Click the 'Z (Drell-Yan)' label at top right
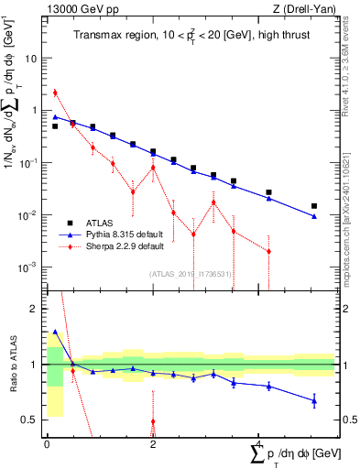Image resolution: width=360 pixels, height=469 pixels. [x=306, y=9]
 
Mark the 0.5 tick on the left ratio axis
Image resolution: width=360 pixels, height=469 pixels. [x=30, y=420]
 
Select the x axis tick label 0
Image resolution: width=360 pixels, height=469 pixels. [x=47, y=443]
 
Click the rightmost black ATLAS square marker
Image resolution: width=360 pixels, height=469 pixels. [x=314, y=206]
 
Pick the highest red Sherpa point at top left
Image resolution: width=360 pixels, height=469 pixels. [x=55, y=93]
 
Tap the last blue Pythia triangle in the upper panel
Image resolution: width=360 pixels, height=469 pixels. [x=314, y=216]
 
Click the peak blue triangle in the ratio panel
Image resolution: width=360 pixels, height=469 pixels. [x=55, y=332]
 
